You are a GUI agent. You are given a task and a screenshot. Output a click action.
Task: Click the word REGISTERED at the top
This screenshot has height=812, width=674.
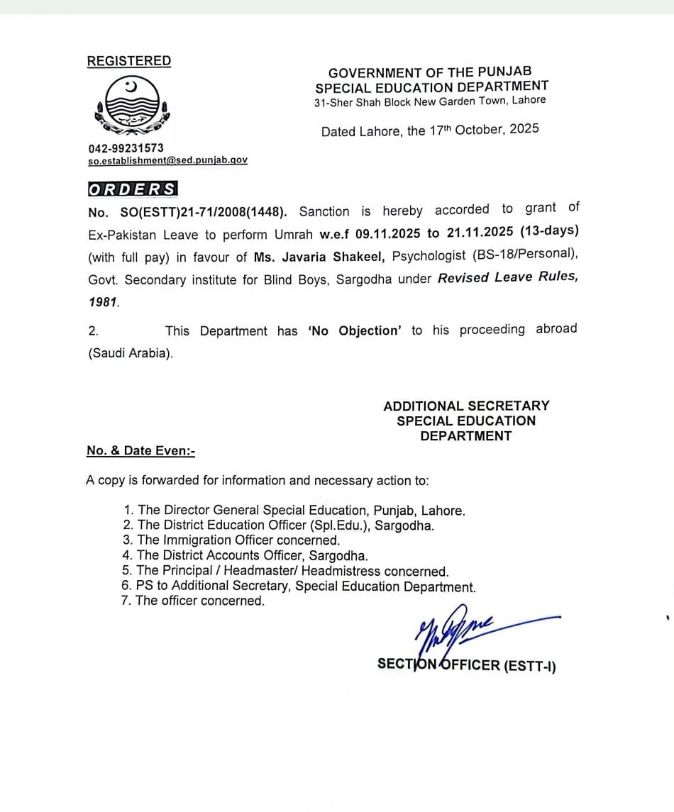click(x=129, y=61)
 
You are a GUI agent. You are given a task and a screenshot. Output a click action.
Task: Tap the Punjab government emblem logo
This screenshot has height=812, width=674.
click(x=131, y=107)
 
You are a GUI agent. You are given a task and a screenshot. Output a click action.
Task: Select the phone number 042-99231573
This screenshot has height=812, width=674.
click(x=126, y=148)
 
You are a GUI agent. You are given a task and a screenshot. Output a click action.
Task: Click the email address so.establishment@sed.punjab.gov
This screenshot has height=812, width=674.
click(x=167, y=161)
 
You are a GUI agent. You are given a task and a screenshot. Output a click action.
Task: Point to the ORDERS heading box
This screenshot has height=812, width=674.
click(x=132, y=189)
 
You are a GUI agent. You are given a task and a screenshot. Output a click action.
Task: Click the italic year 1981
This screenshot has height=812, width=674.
click(x=103, y=302)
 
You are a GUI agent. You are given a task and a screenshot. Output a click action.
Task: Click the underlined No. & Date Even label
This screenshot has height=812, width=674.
click(x=140, y=450)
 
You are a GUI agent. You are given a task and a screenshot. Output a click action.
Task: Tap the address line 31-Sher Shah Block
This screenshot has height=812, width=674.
click(x=430, y=101)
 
